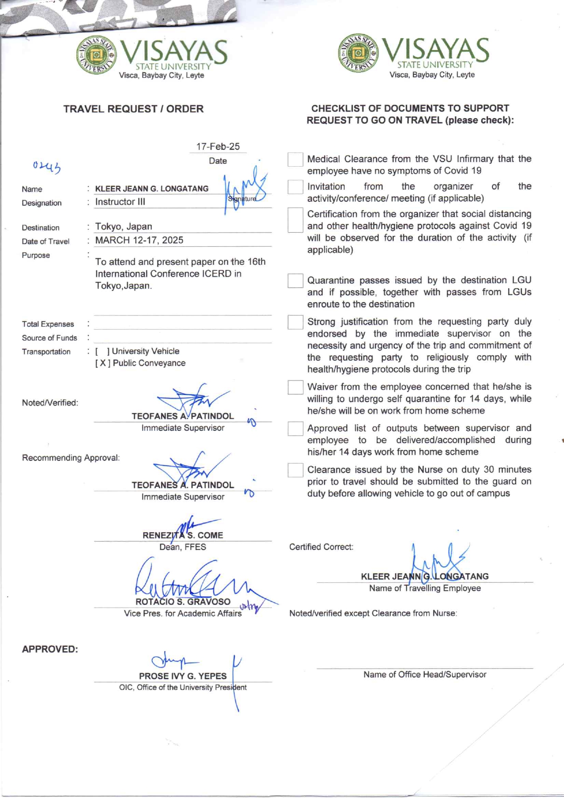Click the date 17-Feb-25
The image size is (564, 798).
pyautogui.click(x=218, y=147)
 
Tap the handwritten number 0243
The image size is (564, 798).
pyautogui.click(x=46, y=167)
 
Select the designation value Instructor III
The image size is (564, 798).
pyautogui.click(x=120, y=202)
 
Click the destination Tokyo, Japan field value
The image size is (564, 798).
pyautogui.click(x=124, y=227)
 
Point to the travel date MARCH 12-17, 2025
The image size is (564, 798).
pyautogui.click(x=139, y=240)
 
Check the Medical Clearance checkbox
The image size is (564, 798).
pyautogui.click(x=295, y=160)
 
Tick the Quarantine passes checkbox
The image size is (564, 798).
pyautogui.click(x=295, y=281)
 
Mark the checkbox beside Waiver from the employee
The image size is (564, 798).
pyautogui.click(x=295, y=387)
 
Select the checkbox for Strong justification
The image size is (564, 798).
pyautogui.click(x=295, y=322)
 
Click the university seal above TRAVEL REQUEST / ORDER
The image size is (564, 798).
pyautogui.click(x=96, y=55)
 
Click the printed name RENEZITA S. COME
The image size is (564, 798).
pyautogui.click(x=183, y=535)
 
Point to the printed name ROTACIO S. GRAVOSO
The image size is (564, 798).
pyautogui.click(x=183, y=602)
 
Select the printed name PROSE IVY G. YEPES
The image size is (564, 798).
pyautogui.click(x=183, y=676)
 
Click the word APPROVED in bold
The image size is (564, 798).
pyautogui.click(x=50, y=649)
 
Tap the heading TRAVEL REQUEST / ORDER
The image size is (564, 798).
pyautogui.click(x=133, y=109)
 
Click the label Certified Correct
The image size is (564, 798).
pyautogui.click(x=321, y=547)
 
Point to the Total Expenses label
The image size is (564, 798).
pyautogui.click(x=48, y=324)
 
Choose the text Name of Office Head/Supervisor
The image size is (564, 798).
pyautogui.click(x=425, y=675)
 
